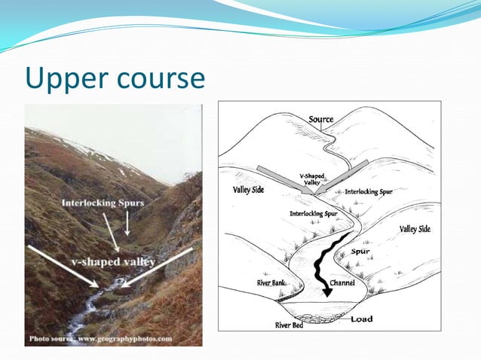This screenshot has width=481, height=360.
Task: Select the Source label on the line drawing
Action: [x=321, y=120]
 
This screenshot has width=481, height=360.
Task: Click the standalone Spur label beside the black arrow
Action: [x=360, y=252]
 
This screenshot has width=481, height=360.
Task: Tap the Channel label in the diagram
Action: [x=342, y=283]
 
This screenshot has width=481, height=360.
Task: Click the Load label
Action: [x=361, y=319]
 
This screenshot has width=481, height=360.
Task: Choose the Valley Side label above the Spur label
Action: [x=415, y=229]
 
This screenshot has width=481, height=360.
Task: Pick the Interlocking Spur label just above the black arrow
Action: [x=313, y=213]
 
